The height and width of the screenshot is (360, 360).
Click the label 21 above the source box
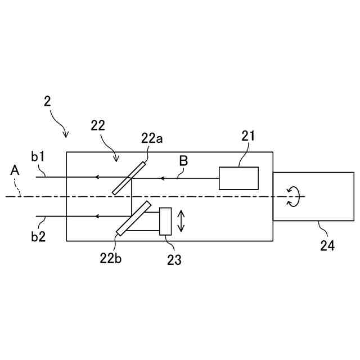(x=249, y=136)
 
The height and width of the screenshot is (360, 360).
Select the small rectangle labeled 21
(x=238, y=178)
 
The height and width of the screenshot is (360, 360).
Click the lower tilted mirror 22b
(x=134, y=218)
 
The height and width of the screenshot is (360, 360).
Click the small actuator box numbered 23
(x=165, y=221)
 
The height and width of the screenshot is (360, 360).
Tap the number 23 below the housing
(x=174, y=259)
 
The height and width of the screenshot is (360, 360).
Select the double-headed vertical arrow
(x=181, y=221)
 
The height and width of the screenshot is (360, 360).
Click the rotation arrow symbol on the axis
(x=293, y=196)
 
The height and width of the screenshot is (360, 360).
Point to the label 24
(x=327, y=246)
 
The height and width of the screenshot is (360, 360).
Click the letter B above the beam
(x=183, y=161)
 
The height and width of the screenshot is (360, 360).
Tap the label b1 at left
(x=38, y=156)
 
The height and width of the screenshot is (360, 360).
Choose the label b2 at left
(x=38, y=237)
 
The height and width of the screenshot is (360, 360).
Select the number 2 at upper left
(x=47, y=102)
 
